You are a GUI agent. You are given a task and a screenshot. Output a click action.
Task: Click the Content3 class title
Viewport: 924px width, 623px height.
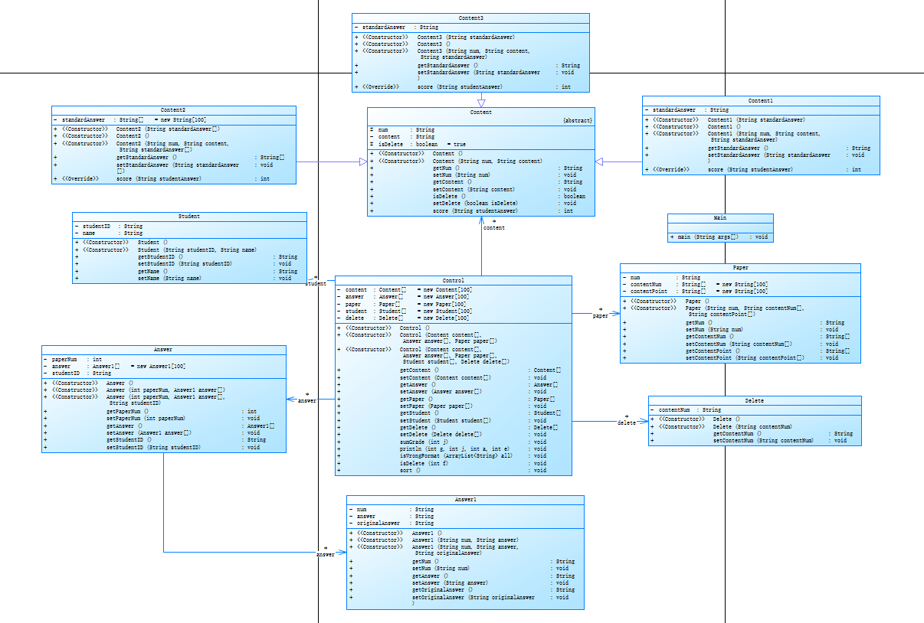click(470, 18)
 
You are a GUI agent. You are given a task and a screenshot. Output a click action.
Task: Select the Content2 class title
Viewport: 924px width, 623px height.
click(173, 110)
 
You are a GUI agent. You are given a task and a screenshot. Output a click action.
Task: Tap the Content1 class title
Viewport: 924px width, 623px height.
click(761, 101)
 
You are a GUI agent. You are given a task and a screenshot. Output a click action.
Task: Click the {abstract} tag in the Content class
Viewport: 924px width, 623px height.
click(577, 121)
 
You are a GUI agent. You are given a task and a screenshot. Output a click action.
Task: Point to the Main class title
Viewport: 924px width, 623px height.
click(720, 218)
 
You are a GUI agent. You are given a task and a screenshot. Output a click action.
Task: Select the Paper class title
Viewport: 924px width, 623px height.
click(740, 268)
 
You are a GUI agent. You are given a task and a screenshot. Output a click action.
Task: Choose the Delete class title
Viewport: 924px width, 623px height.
click(754, 400)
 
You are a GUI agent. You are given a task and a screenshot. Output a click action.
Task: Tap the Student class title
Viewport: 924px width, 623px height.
click(188, 217)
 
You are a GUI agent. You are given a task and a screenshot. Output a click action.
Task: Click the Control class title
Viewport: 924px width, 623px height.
click(454, 280)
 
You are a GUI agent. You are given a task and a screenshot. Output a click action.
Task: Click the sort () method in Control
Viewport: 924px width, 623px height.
click(410, 471)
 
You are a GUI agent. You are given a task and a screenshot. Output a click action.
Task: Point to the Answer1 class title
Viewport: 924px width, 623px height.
click(465, 500)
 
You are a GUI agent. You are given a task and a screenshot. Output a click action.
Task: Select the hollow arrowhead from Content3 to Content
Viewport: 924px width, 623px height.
click(481, 103)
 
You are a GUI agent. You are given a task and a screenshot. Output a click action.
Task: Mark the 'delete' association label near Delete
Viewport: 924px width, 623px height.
click(626, 422)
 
